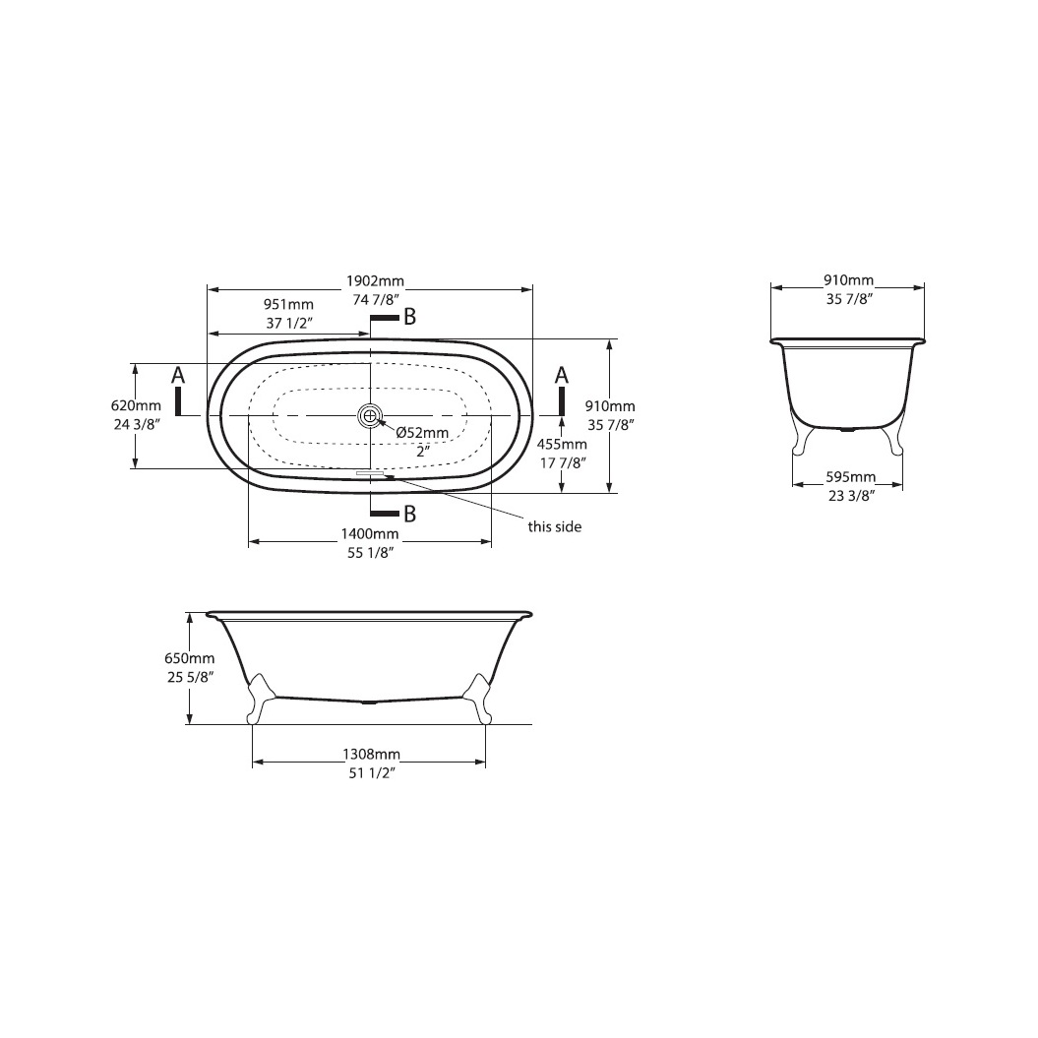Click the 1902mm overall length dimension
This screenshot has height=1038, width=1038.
tap(375, 280)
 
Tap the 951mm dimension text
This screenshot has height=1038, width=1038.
tap(288, 304)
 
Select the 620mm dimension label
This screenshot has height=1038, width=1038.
tap(137, 405)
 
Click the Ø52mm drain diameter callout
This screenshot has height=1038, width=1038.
tap(422, 433)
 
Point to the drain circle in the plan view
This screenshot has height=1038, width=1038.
tap(370, 416)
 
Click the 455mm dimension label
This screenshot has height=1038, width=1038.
tap(562, 444)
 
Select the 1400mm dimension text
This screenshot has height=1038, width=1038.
tap(370, 533)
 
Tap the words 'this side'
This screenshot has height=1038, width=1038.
tap(555, 527)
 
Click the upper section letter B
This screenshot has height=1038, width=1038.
tap(409, 317)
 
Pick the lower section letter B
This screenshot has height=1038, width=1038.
tap(409, 514)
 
